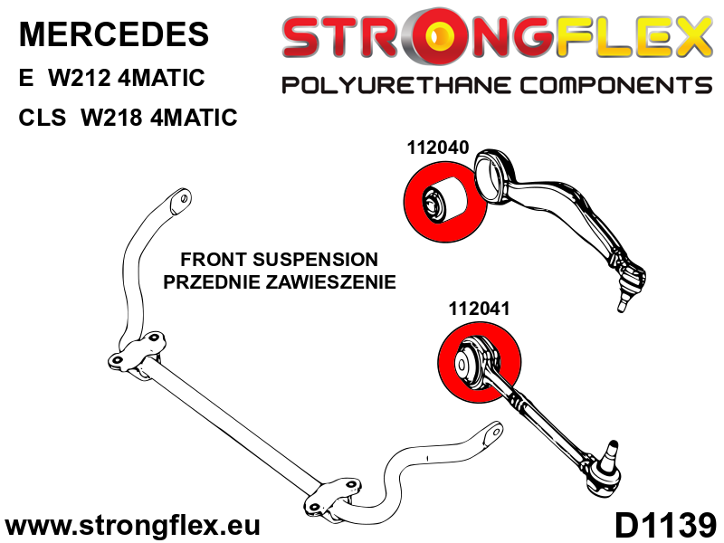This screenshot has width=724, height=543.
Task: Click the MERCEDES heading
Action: pos(113,34)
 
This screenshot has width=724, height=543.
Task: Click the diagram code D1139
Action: pos(665,524)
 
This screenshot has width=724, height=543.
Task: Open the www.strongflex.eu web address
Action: pos(133,525)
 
